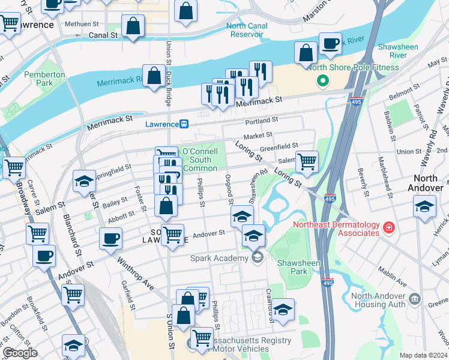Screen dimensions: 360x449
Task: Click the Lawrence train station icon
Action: click(x=185, y=124)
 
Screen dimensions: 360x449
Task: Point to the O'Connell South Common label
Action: click(x=200, y=160)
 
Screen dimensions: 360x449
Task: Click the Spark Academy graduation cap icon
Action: click(x=258, y=258)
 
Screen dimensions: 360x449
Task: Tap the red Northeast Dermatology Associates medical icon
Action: click(x=389, y=227)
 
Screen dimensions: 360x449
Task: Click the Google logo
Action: click(x=20, y=353)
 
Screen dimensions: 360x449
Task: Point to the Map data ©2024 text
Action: click(x=423, y=355)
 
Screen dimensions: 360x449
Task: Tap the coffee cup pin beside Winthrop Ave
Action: click(x=110, y=238)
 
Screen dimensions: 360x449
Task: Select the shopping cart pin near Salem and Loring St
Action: click(x=307, y=161)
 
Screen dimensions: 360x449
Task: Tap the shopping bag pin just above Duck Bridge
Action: click(x=154, y=76)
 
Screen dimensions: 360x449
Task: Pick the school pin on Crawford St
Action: click(x=283, y=309)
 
